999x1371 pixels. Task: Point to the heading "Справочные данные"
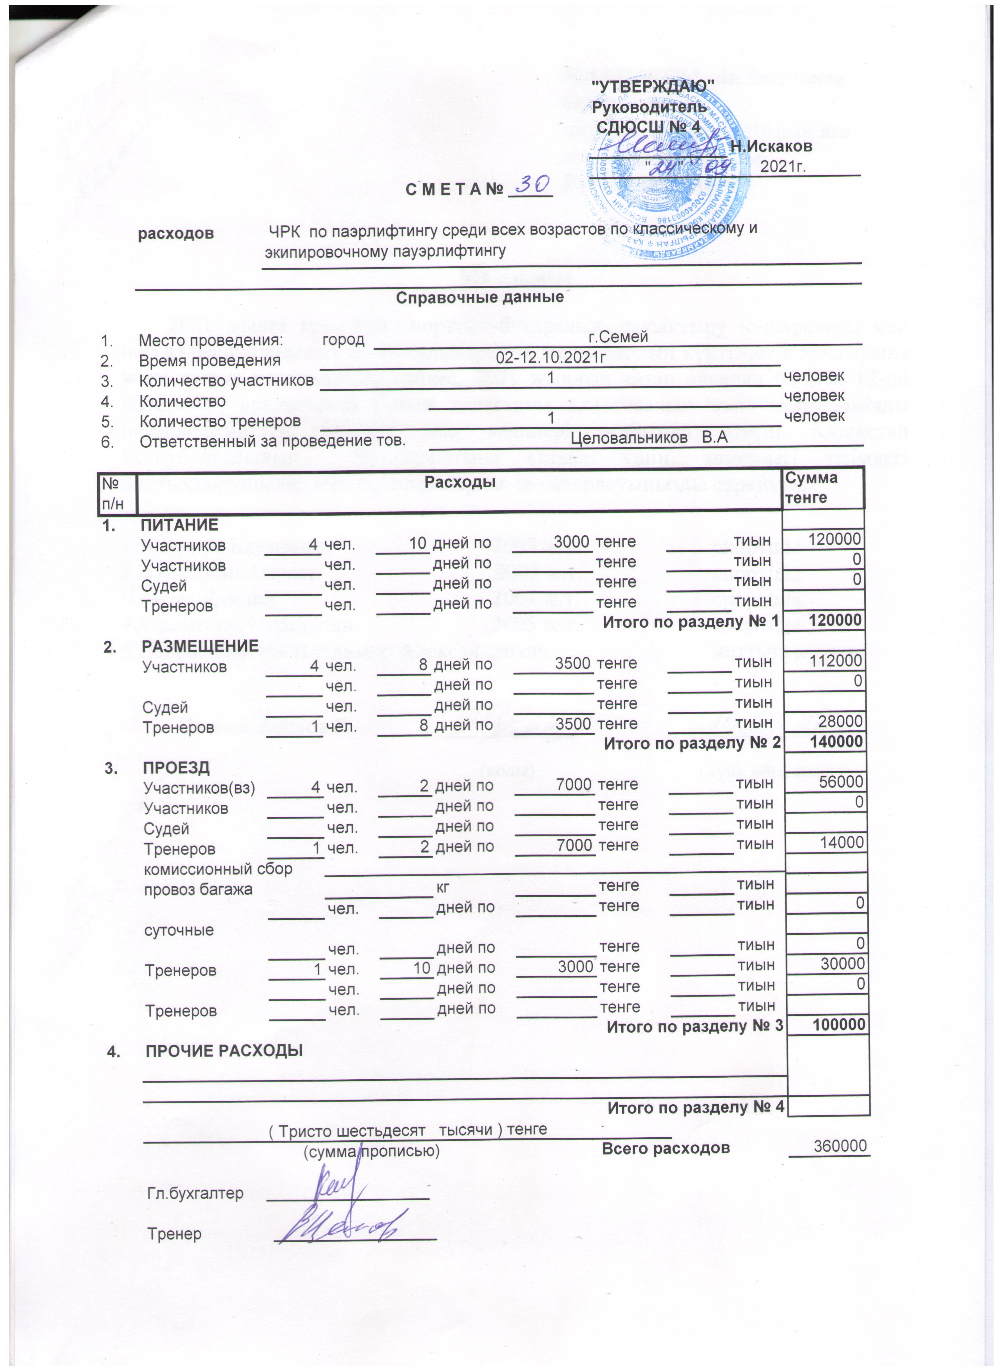click(479, 297)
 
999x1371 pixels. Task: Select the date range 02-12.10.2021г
click(550, 357)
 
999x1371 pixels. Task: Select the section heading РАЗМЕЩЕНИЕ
click(200, 646)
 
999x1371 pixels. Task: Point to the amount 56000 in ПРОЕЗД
click(841, 782)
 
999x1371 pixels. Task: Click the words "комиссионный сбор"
click(218, 869)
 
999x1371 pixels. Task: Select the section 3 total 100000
click(836, 1024)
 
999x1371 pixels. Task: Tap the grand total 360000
click(840, 1147)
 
